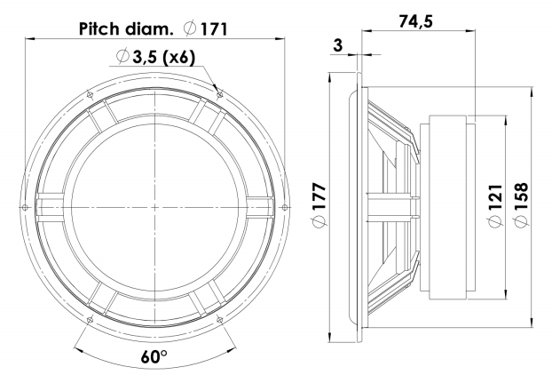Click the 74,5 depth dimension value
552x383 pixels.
pos(415,22)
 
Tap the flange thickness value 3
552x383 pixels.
pos(337,45)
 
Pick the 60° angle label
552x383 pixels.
pos(154,357)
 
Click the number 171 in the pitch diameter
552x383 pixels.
pos(214,29)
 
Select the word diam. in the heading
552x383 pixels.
pos(149,29)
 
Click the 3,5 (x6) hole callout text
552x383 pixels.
pos(163,57)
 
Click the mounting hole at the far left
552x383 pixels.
pos(25,207)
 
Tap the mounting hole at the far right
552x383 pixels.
pos(285,207)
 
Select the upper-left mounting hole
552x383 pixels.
pos(90,94)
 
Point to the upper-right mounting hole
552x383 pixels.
pos(220,94)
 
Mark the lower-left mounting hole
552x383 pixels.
pos(90,320)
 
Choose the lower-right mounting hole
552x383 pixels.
pos(220,320)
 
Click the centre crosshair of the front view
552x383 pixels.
pos(154,207)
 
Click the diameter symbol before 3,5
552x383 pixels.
pos(122,56)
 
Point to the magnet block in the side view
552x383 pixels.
pos(448,208)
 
